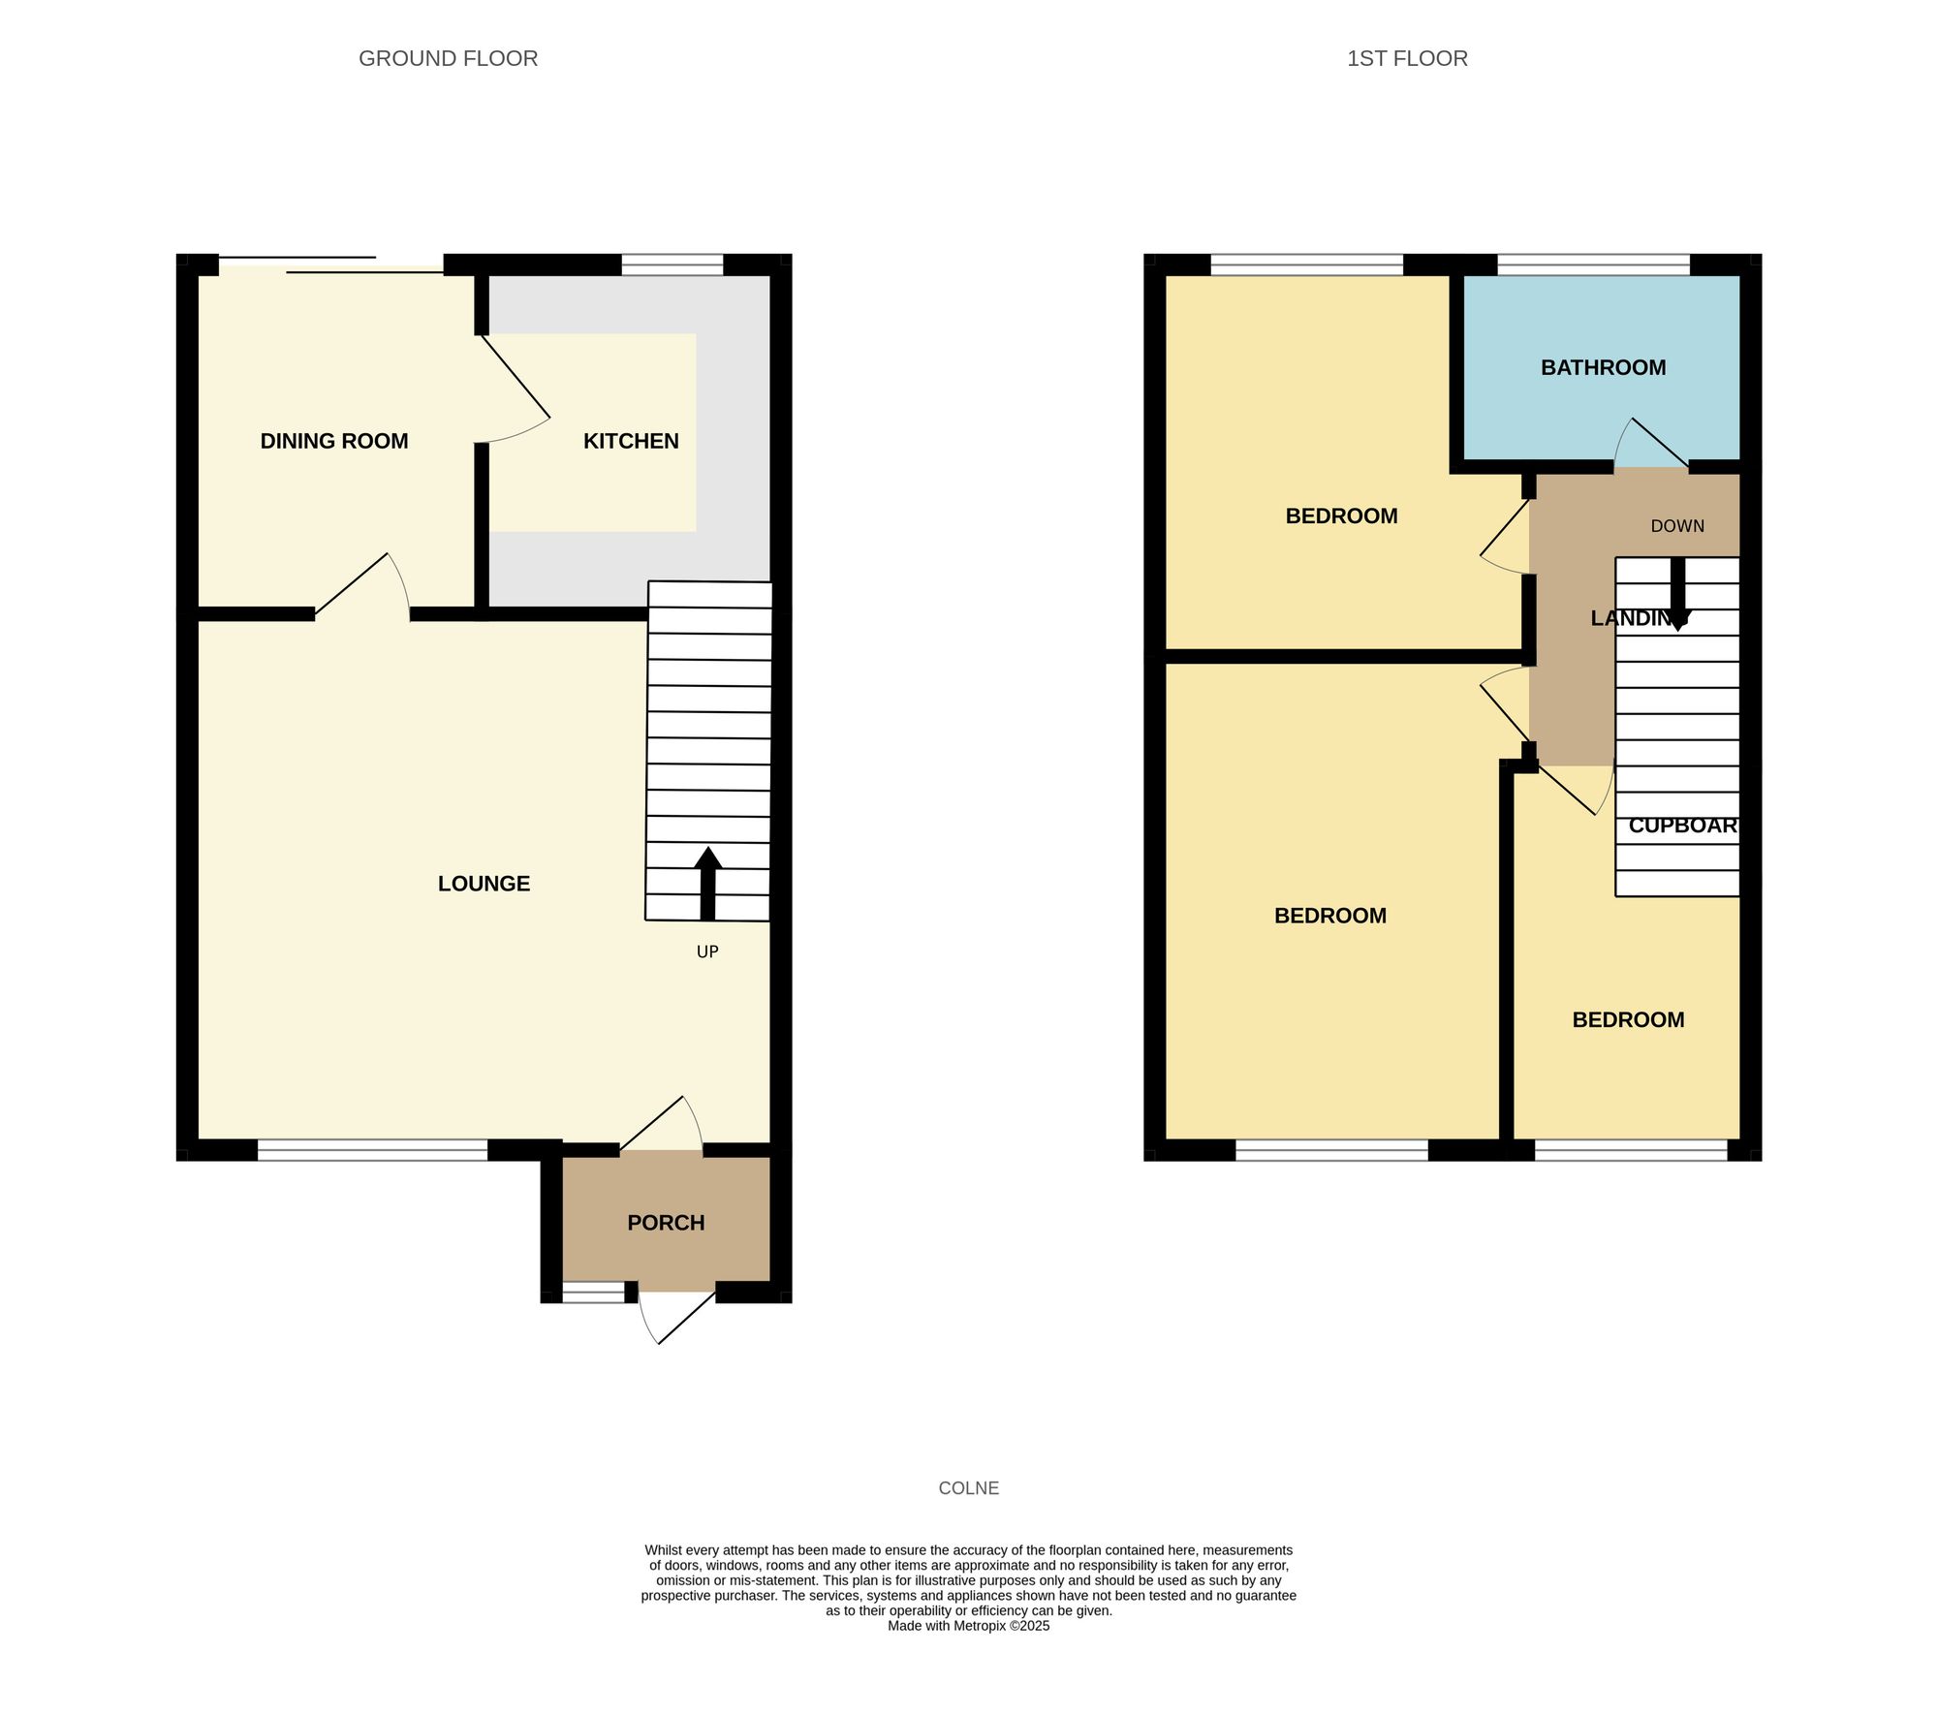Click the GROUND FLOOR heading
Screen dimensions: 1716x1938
coord(448,58)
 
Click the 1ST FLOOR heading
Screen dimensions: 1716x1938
coord(1407,58)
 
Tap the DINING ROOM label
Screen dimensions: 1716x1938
coord(334,441)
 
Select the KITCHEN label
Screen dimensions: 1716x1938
coord(631,441)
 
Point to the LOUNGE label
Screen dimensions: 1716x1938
coord(484,884)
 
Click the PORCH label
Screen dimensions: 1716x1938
coord(666,1223)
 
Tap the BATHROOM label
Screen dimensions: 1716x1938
coord(1603,367)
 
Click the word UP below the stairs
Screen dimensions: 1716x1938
coord(707,952)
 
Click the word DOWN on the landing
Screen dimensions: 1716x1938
coord(1677,526)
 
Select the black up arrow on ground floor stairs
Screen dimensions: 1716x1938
coord(707,882)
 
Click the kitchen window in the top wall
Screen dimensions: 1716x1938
coord(672,265)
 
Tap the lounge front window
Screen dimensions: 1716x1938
coord(372,1150)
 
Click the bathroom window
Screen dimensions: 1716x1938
coord(1593,265)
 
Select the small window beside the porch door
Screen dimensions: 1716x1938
coord(594,1292)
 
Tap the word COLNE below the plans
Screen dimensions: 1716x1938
coord(968,1488)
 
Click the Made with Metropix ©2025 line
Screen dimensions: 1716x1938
coord(968,1626)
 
